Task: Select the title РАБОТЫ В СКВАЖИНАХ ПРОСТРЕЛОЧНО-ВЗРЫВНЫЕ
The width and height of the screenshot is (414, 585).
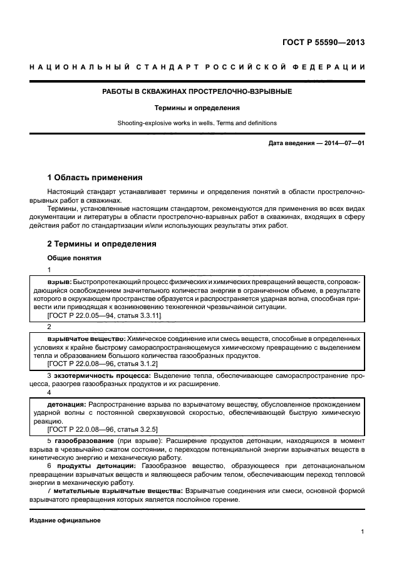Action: [197, 91]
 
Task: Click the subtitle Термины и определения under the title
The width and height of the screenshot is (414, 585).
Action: [197, 108]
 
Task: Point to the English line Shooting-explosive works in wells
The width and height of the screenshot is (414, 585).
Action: [197, 123]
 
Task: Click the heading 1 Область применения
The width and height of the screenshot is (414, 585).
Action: [95, 177]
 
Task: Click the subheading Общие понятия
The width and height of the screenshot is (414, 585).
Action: [74, 258]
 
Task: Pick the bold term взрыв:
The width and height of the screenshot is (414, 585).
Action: [60, 282]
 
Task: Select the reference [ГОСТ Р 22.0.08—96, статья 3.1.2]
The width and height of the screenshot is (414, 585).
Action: [102, 363]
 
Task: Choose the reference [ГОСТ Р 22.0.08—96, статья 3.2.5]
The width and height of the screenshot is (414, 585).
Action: [102, 429]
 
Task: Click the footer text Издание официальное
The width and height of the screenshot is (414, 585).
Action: [65, 521]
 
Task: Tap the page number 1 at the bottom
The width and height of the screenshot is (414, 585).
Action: [363, 532]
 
